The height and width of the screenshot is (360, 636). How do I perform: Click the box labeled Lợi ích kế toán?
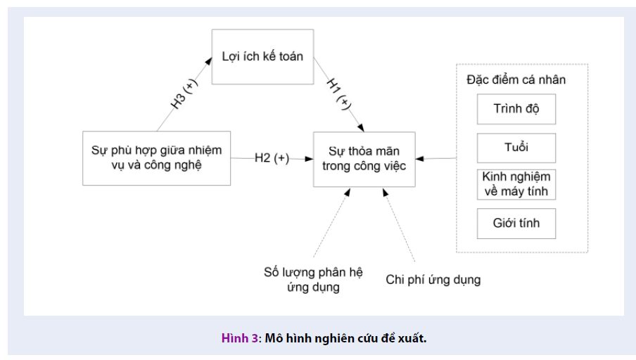pyautogui.click(x=262, y=57)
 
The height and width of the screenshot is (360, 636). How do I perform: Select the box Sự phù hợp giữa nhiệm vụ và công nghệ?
pyautogui.click(x=156, y=158)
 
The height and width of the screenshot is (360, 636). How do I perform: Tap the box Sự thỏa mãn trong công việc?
pyautogui.click(x=363, y=159)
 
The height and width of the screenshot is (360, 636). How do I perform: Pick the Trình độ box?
pyautogui.click(x=516, y=109)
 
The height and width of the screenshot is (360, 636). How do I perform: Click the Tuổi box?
pyautogui.click(x=516, y=148)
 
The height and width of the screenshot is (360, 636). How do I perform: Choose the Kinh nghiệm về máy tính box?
pyautogui.click(x=516, y=184)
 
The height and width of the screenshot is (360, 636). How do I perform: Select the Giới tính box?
pyautogui.click(x=516, y=224)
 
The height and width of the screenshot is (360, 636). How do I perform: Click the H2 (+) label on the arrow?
pyautogui.click(x=272, y=158)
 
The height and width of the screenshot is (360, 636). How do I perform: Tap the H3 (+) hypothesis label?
pyautogui.click(x=184, y=93)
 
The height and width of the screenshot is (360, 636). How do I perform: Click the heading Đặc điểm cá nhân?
pyautogui.click(x=516, y=79)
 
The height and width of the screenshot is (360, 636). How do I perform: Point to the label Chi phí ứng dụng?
pyautogui.click(x=433, y=280)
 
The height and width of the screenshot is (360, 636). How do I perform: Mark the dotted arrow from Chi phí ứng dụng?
pyautogui.click(x=399, y=225)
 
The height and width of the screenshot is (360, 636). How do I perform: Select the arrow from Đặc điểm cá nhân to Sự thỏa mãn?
pyautogui.click(x=436, y=158)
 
